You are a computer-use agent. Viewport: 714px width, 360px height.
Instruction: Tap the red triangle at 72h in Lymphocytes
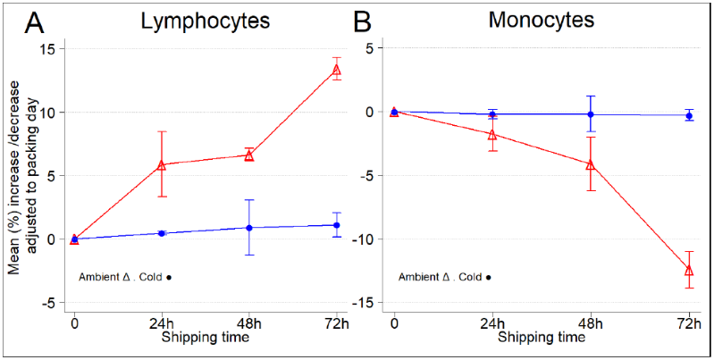(x=337, y=70)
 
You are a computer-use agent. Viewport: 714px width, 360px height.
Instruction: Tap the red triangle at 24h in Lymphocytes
(x=162, y=164)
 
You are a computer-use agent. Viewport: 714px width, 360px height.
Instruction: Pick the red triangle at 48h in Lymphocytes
(x=249, y=155)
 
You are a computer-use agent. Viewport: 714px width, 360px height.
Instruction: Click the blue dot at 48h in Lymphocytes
(x=249, y=228)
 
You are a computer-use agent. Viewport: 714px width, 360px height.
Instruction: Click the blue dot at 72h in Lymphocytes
(x=337, y=225)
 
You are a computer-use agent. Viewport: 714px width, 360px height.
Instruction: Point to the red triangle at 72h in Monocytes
(x=689, y=270)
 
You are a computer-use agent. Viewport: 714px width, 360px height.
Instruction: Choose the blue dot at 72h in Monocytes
(x=689, y=115)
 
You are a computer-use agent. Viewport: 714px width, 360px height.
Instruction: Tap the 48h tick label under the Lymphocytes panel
(x=249, y=322)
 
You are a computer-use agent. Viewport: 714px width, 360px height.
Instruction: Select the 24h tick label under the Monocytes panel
(x=492, y=322)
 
